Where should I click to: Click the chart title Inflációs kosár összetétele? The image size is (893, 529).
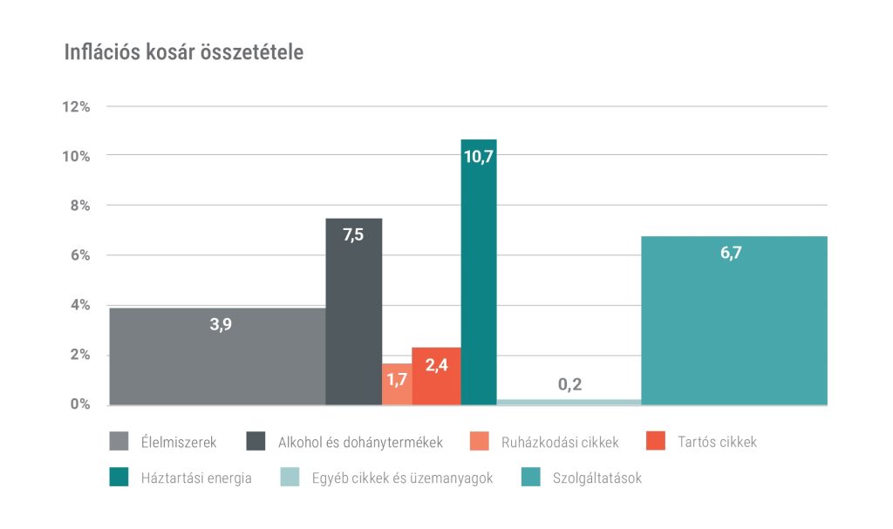[x=184, y=52]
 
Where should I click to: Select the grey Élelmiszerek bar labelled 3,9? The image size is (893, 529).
[x=217, y=356]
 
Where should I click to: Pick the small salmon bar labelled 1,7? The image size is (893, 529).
[x=397, y=384]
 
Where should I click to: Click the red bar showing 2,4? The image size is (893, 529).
[x=436, y=376]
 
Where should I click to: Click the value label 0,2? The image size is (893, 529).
[x=569, y=384]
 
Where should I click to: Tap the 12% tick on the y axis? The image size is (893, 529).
[x=76, y=106]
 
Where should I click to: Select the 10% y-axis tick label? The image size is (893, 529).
[x=76, y=156]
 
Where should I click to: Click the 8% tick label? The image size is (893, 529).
[x=79, y=206]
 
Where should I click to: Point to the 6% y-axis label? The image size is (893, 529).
[x=79, y=255]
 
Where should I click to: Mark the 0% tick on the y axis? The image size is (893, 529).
[x=79, y=404]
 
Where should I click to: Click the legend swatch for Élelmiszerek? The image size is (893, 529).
[x=119, y=442]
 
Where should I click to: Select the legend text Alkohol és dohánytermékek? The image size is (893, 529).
[x=360, y=442]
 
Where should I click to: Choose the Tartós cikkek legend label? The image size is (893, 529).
[x=717, y=442]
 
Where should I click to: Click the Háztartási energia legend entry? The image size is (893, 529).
[x=196, y=478]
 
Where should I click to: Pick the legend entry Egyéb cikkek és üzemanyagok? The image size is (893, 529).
[x=402, y=478]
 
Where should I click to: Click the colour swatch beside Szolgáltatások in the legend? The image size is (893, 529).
[x=531, y=478]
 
